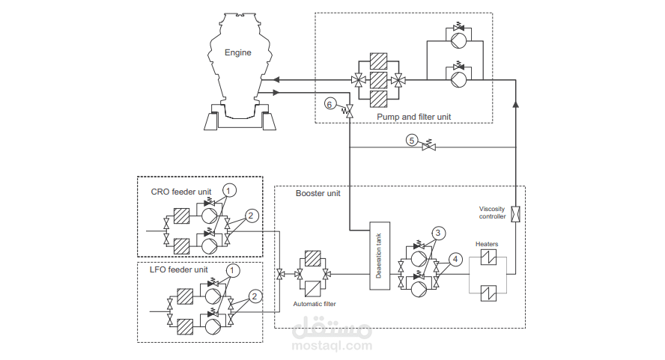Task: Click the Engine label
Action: (238, 52)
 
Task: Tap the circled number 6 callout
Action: (330, 103)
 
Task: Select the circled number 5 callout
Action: (411, 139)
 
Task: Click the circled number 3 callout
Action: (440, 232)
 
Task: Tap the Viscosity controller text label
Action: (493, 213)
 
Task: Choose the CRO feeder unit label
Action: (176, 192)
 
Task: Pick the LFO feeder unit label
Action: (177, 269)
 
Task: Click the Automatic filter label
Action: (315, 304)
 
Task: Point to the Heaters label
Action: (487, 244)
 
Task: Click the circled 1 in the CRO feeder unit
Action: (231, 191)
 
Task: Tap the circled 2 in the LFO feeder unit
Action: (255, 296)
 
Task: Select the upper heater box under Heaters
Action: (488, 258)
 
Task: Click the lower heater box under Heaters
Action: (488, 292)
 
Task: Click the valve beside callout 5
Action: (428, 147)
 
